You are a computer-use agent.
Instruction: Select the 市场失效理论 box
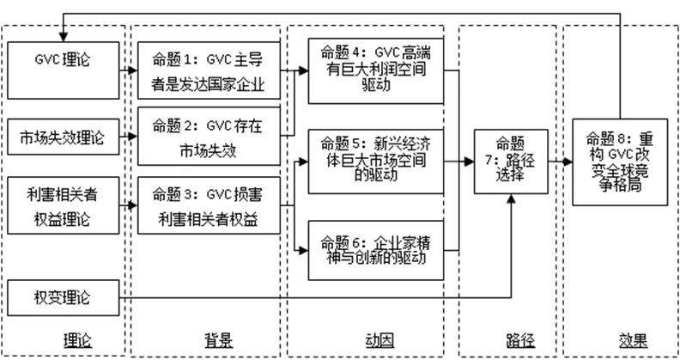[x=63, y=136]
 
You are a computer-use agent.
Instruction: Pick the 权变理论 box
[x=63, y=297]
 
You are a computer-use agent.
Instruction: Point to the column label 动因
[x=372, y=341]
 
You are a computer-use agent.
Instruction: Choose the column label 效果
[x=636, y=341]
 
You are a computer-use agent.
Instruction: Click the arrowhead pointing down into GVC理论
[x=63, y=35]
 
